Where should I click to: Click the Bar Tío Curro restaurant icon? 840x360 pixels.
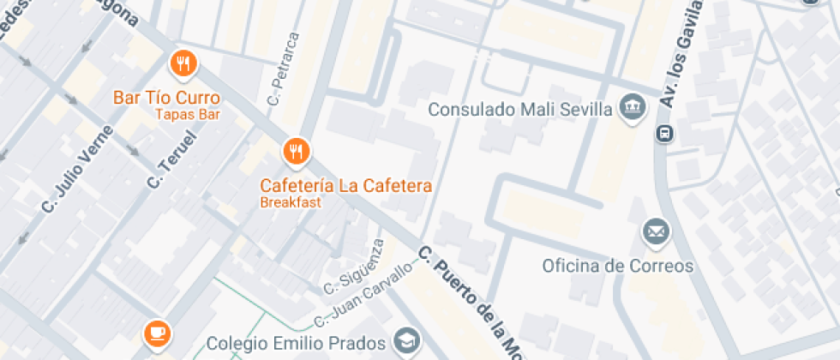(x=183, y=63)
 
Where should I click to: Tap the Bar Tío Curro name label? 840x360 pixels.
(x=166, y=98)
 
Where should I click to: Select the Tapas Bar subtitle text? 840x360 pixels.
(x=188, y=114)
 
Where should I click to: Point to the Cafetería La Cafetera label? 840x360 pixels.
(x=346, y=186)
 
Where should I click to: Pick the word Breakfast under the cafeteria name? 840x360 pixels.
(x=291, y=203)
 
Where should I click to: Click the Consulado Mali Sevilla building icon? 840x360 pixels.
(x=633, y=107)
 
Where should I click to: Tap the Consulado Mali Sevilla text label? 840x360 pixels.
(x=519, y=110)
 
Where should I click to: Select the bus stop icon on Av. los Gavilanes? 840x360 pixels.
(x=664, y=133)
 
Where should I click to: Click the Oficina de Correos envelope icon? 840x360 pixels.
(x=657, y=231)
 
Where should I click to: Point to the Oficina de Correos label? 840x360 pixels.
(x=617, y=266)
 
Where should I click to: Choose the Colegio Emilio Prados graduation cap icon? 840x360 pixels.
(x=405, y=340)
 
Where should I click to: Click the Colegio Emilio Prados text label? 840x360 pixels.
(x=296, y=345)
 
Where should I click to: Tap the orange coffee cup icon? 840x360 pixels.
(x=156, y=332)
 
